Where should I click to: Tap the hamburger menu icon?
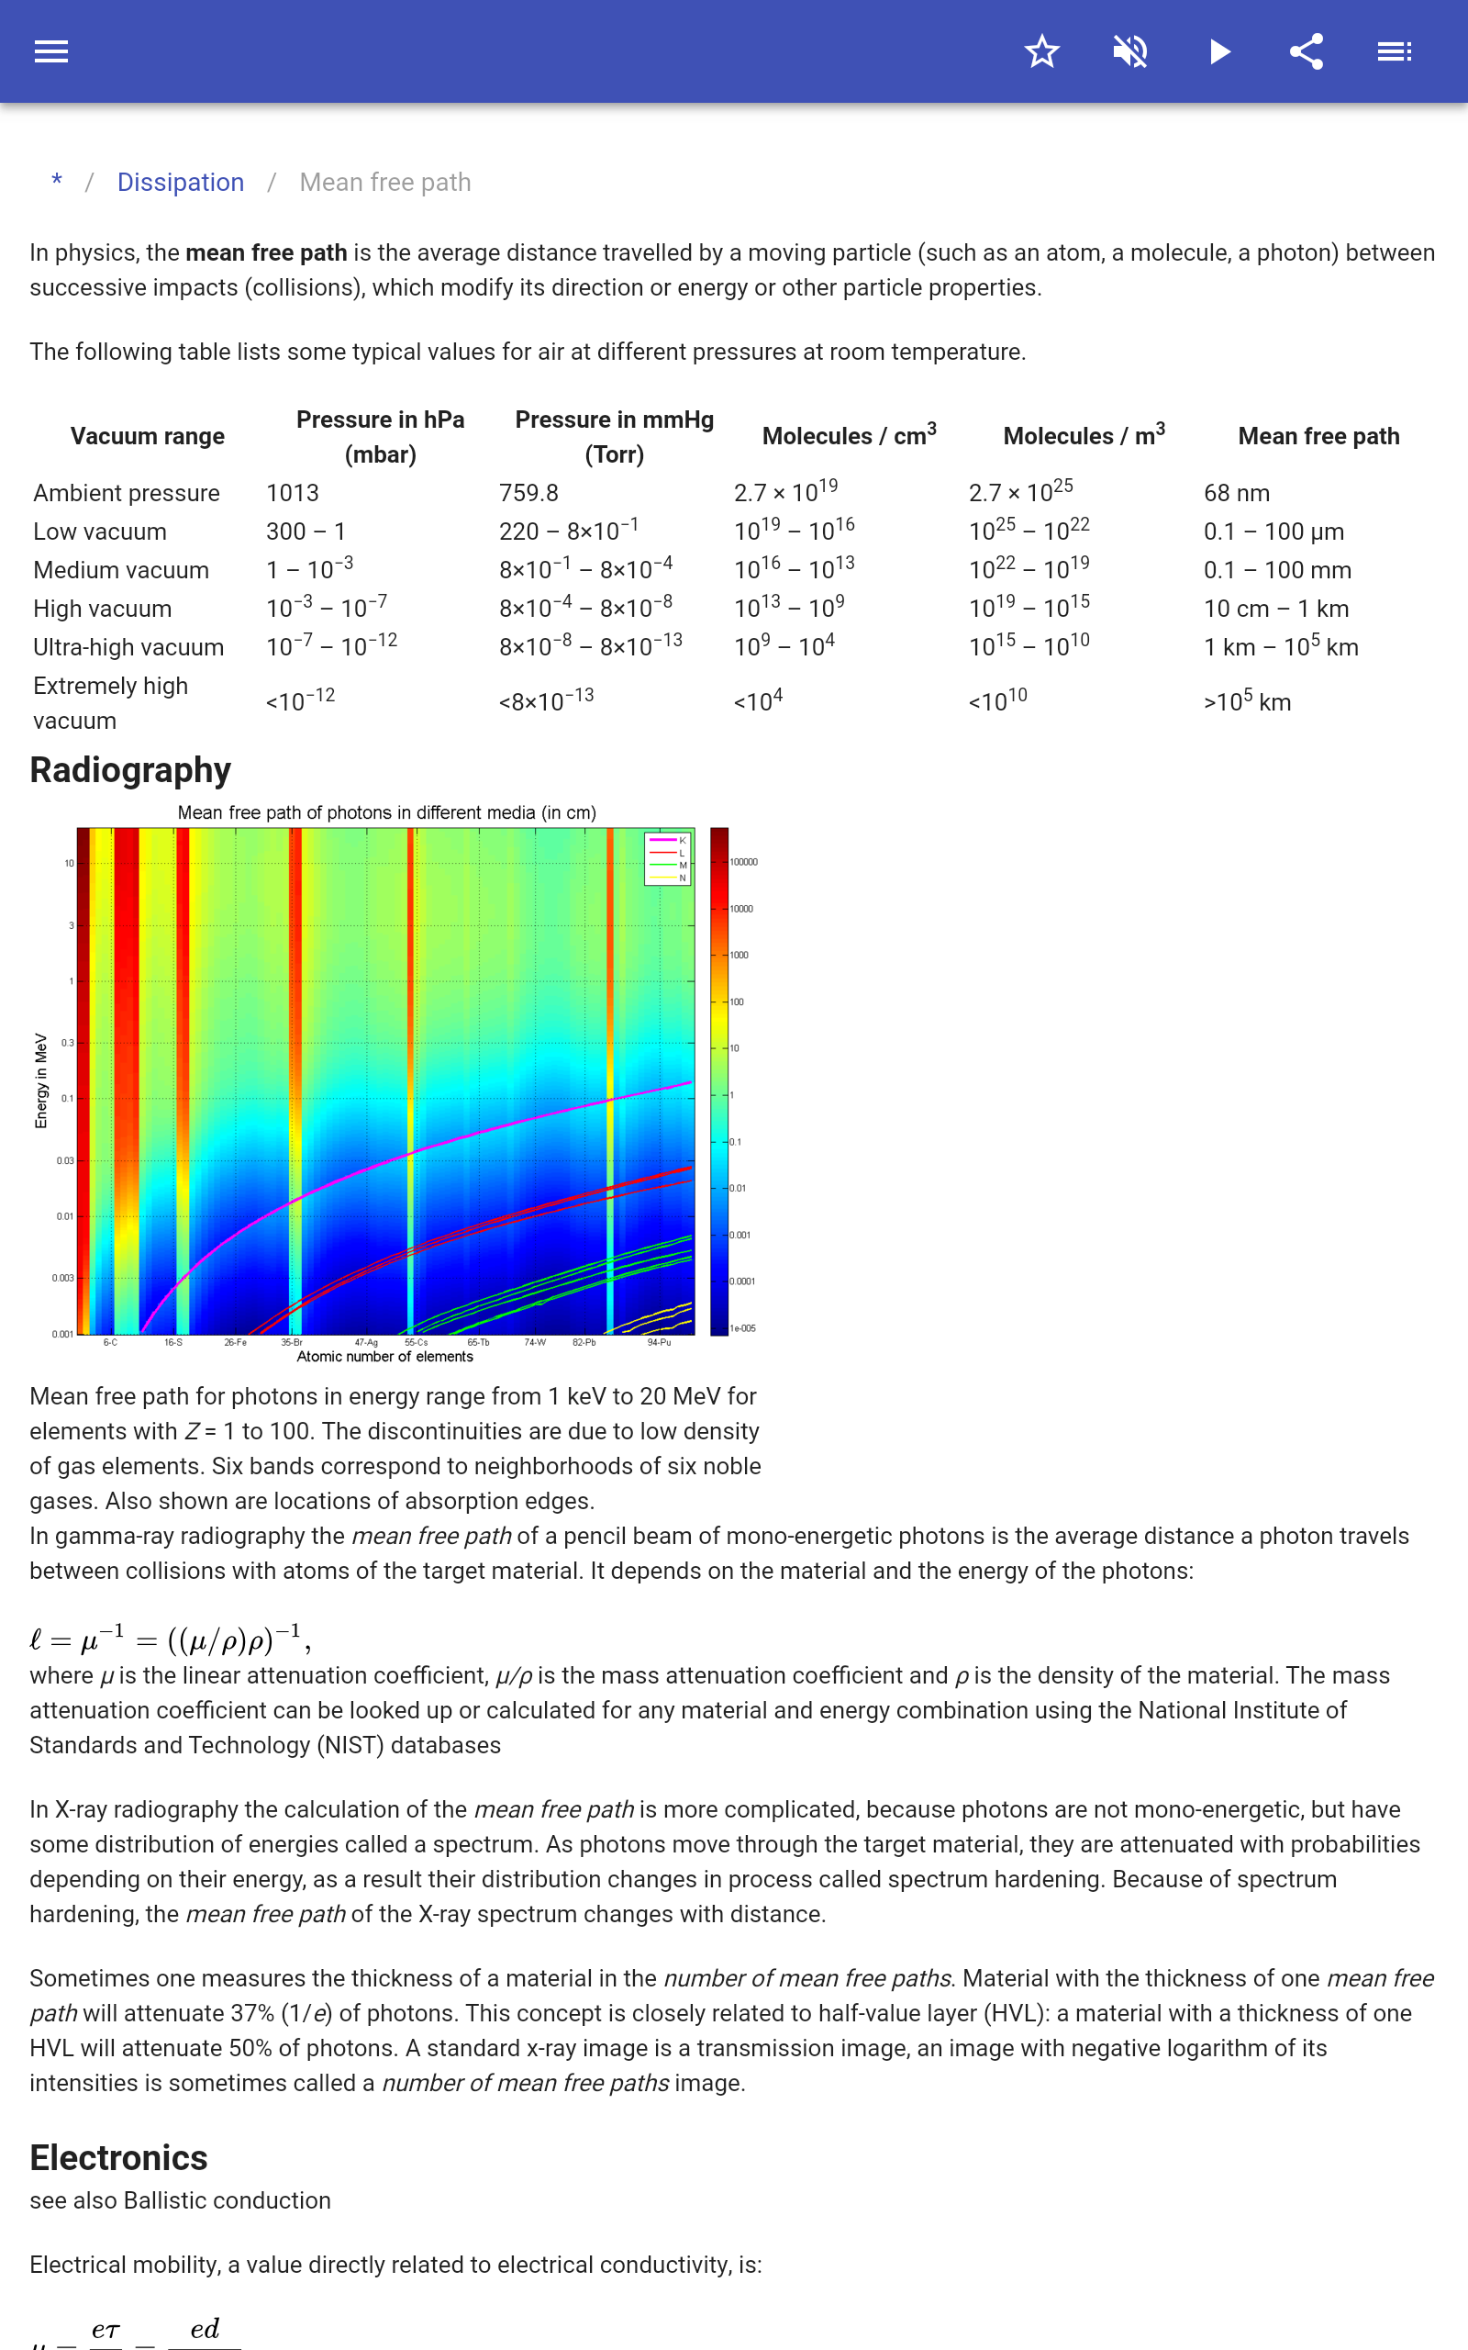[x=50, y=51]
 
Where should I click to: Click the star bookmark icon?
[x=1040, y=51]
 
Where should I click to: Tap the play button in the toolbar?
[x=1219, y=51]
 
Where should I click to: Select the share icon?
[x=1307, y=51]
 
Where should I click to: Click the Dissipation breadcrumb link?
[x=181, y=183]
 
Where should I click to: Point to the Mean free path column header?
[x=1318, y=436]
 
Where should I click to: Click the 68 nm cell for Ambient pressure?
[x=1236, y=493]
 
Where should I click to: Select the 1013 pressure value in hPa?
[x=293, y=493]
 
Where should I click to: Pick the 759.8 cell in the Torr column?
[x=528, y=493]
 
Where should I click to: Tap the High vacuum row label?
[x=102, y=609]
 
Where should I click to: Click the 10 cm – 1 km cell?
[x=1275, y=609]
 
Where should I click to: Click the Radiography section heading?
[x=130, y=770]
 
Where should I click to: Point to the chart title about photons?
[x=386, y=812]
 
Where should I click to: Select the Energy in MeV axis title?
[x=40, y=1080]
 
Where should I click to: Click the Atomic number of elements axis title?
[x=384, y=1357]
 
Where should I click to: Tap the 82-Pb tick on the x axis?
[x=584, y=1342]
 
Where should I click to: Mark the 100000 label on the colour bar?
[x=744, y=862]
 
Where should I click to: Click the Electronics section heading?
[x=118, y=2158]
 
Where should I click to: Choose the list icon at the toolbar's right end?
[x=1395, y=51]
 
